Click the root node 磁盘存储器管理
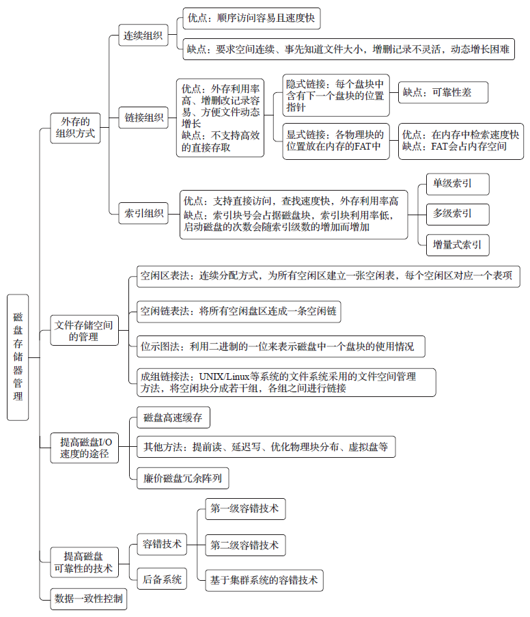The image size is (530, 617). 18,357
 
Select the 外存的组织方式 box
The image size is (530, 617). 76,128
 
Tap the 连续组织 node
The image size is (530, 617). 143,36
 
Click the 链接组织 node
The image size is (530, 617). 144,118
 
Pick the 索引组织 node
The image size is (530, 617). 144,214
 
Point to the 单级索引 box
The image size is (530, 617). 457,183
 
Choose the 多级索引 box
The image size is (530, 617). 457,214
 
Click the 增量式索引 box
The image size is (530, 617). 457,244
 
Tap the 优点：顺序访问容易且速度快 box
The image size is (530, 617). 251,18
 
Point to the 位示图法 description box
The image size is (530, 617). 277,346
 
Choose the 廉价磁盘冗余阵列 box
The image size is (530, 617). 182,478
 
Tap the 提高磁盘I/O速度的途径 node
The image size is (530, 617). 85,448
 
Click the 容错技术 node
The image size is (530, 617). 162,545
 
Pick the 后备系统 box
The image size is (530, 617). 162,580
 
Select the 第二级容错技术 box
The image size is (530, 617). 245,545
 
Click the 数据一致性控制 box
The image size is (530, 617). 89,599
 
